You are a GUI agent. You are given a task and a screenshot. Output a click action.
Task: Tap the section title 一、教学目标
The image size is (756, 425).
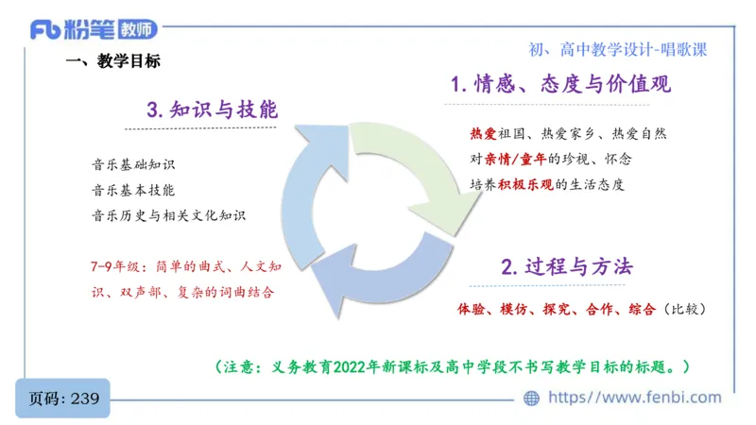tap(112, 61)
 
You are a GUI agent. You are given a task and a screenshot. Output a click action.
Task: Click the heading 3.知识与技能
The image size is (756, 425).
tap(212, 109)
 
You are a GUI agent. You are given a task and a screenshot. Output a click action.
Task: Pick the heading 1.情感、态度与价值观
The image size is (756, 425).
tap(560, 84)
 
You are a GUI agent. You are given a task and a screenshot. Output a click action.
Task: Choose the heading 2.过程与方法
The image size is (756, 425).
tap(566, 266)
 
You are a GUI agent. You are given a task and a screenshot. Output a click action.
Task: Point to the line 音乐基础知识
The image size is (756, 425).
tap(133, 164)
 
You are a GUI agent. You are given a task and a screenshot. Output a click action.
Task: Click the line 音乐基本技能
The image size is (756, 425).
tap(133, 190)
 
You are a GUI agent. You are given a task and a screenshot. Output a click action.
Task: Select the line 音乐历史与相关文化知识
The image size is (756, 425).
tap(168, 215)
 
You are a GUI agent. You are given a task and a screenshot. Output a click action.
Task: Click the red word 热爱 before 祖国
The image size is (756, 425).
tap(483, 134)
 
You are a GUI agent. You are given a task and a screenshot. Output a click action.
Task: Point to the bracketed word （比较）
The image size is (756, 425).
tap(684, 309)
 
